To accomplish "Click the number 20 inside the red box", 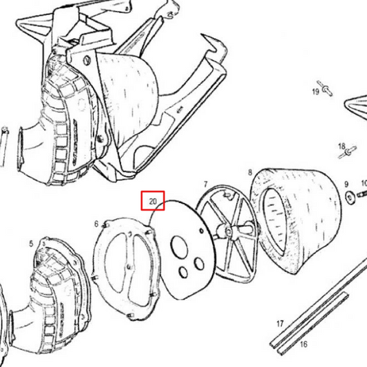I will [153, 202].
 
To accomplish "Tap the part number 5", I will [31, 243].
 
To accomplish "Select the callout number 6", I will [96, 224].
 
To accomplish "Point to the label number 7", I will [205, 185].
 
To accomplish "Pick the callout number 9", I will [346, 185].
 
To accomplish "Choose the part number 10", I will [364, 185].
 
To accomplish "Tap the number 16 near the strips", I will [304, 343].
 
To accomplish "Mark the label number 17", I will [280, 323].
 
